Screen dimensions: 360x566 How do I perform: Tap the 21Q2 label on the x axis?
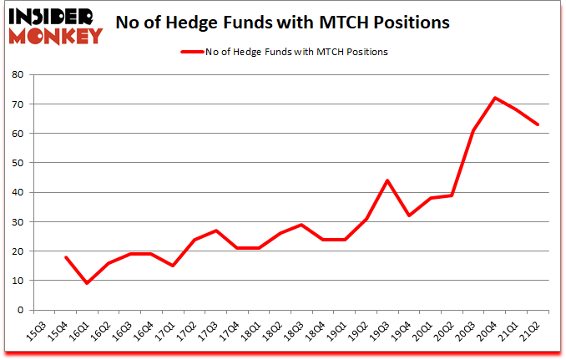[530, 332]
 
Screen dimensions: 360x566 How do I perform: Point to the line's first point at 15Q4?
[66, 257]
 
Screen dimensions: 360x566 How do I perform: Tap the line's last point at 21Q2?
[538, 124]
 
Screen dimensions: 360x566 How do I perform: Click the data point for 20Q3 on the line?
[473, 130]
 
